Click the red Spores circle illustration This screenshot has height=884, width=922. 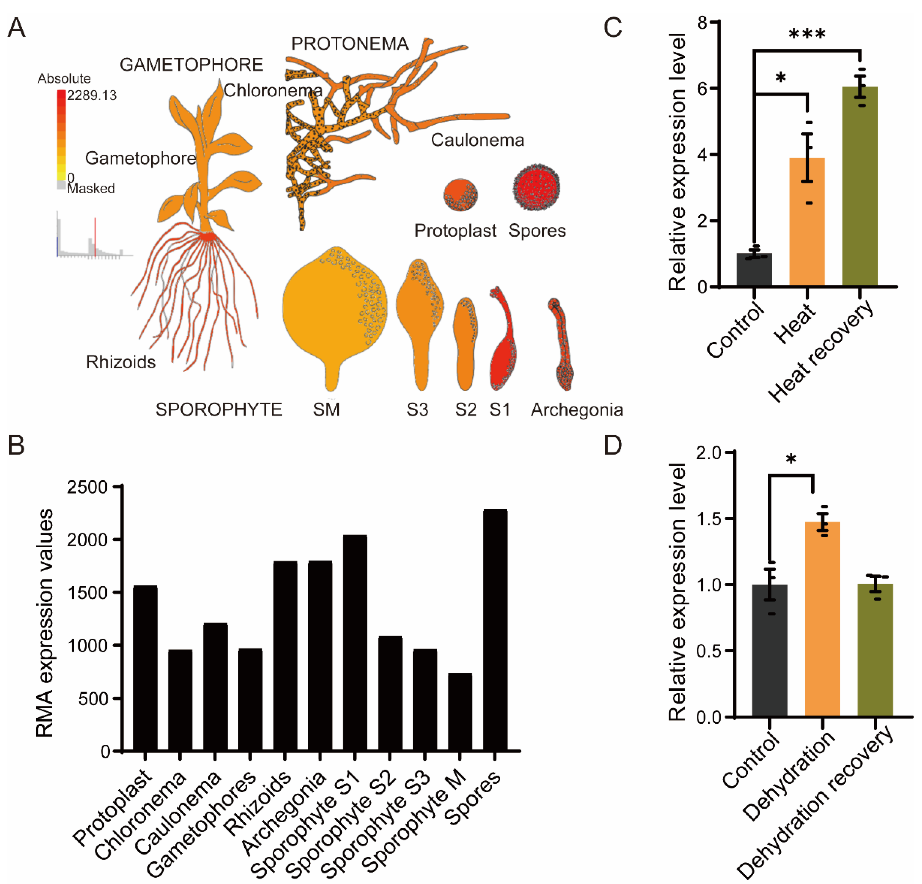(536, 190)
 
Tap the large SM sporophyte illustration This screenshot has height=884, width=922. (334, 311)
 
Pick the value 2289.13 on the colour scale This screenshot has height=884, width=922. (92, 96)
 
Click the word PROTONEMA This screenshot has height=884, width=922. (349, 44)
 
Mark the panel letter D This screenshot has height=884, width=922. (613, 445)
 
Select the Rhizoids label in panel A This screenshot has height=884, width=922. (121, 362)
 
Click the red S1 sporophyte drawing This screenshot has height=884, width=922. (502, 344)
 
